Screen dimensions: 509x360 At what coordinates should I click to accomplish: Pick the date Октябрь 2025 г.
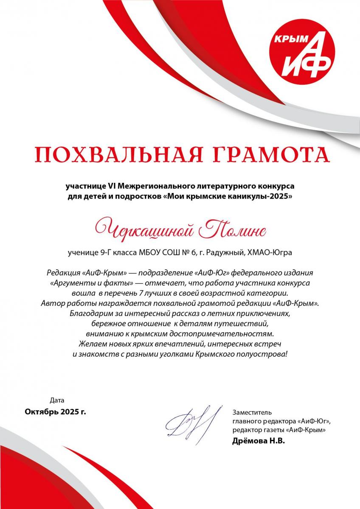point(55,411)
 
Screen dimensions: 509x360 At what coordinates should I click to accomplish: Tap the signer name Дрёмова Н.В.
point(259,441)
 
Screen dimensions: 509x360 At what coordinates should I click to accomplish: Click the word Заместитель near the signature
point(252,412)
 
